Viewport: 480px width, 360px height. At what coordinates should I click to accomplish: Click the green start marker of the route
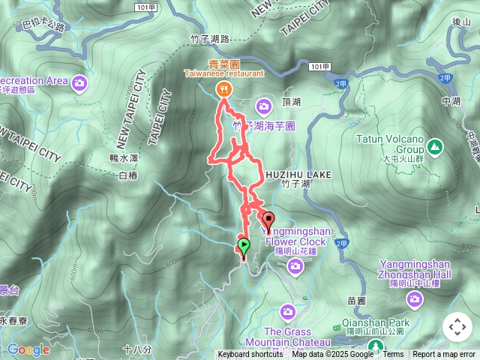point(243,245)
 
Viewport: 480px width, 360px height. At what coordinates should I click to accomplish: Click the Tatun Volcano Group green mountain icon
point(436,145)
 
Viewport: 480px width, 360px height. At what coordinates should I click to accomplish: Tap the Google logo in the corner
point(28,349)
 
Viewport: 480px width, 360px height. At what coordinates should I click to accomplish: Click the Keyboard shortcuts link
point(250,355)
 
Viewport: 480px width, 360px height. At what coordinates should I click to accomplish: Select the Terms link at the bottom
point(393,355)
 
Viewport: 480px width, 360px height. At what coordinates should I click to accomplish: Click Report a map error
point(444,355)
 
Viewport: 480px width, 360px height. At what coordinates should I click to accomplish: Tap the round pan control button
point(457,327)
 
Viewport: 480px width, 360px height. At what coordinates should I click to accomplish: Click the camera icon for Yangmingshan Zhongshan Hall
point(414,298)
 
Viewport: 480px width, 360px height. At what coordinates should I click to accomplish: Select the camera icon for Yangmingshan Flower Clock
point(295,265)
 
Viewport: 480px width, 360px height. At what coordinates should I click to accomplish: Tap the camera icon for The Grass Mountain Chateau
point(288,311)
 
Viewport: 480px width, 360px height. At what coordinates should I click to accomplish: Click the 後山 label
point(461,22)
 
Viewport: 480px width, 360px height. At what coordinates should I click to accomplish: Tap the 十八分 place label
point(136,349)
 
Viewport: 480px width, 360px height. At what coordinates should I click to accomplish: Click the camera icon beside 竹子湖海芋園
point(263,105)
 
